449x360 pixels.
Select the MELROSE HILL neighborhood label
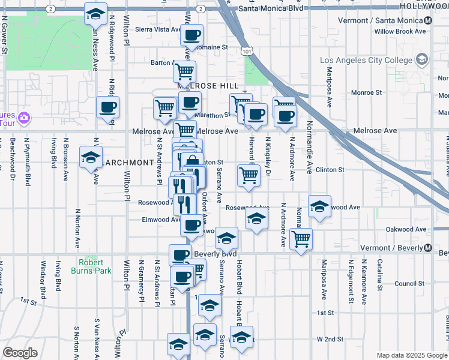pos(208,86)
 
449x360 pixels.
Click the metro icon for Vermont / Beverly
pos(428,248)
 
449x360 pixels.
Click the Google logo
pos(20,353)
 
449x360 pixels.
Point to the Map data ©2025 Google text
pos(412,355)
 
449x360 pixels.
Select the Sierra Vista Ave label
pos(157,29)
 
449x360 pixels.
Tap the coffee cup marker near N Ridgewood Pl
pos(108,108)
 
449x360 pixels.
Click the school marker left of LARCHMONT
pos(91,158)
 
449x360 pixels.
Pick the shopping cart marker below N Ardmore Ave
pos(301,239)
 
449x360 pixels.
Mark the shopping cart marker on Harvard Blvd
pos(249,176)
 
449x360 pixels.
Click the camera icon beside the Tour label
pos(24,117)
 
